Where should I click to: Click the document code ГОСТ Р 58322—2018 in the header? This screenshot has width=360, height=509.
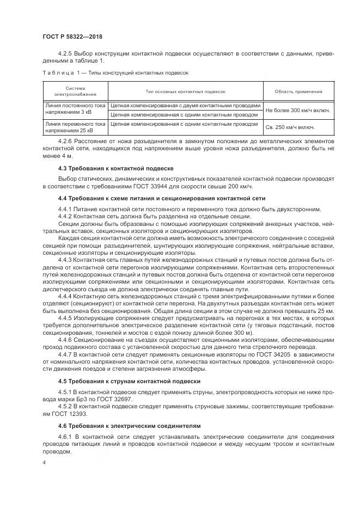click(72, 37)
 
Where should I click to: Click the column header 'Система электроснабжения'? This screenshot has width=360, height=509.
click(75, 91)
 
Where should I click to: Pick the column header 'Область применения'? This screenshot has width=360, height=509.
click(297, 91)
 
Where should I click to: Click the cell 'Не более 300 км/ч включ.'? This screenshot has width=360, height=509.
click(297, 111)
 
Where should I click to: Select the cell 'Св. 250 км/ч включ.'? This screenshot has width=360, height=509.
click(290, 127)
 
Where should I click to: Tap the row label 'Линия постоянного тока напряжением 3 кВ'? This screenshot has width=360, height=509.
click(75, 109)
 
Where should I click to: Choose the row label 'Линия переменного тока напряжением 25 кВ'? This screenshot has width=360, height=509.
click(75, 127)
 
